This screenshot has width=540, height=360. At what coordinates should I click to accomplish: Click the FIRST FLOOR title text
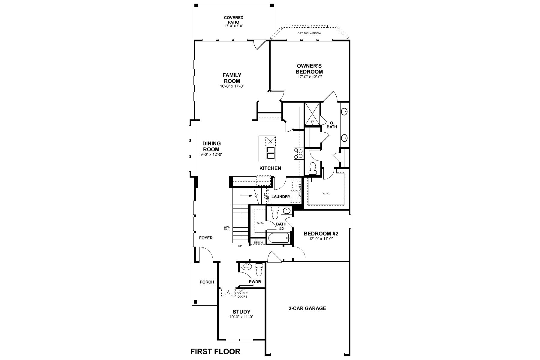tap(215, 351)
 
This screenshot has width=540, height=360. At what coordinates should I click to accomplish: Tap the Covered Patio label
tap(233, 20)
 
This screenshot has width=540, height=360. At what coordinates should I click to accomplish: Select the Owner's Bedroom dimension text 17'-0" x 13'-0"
tap(309, 77)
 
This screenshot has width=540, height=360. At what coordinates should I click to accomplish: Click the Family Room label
tap(232, 78)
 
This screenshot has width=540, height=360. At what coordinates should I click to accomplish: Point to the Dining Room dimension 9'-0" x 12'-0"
tap(211, 154)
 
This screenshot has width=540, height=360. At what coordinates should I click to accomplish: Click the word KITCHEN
tap(270, 168)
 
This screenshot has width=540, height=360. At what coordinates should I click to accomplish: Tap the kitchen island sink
tap(270, 153)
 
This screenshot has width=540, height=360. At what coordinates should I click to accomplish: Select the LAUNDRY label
tap(281, 197)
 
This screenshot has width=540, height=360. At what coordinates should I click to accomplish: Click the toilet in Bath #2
tap(274, 213)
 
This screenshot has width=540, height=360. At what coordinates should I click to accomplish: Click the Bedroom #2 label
tap(321, 234)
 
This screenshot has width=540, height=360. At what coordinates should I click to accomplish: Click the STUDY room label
tap(241, 312)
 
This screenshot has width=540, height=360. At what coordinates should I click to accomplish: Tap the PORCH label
tap(207, 282)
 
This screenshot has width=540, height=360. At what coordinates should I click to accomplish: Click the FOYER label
tap(205, 238)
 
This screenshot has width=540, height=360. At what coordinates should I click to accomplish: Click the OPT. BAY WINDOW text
tap(309, 33)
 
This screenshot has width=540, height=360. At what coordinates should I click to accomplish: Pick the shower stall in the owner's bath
tap(312, 114)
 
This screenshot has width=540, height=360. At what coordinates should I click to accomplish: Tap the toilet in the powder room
tap(259, 269)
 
